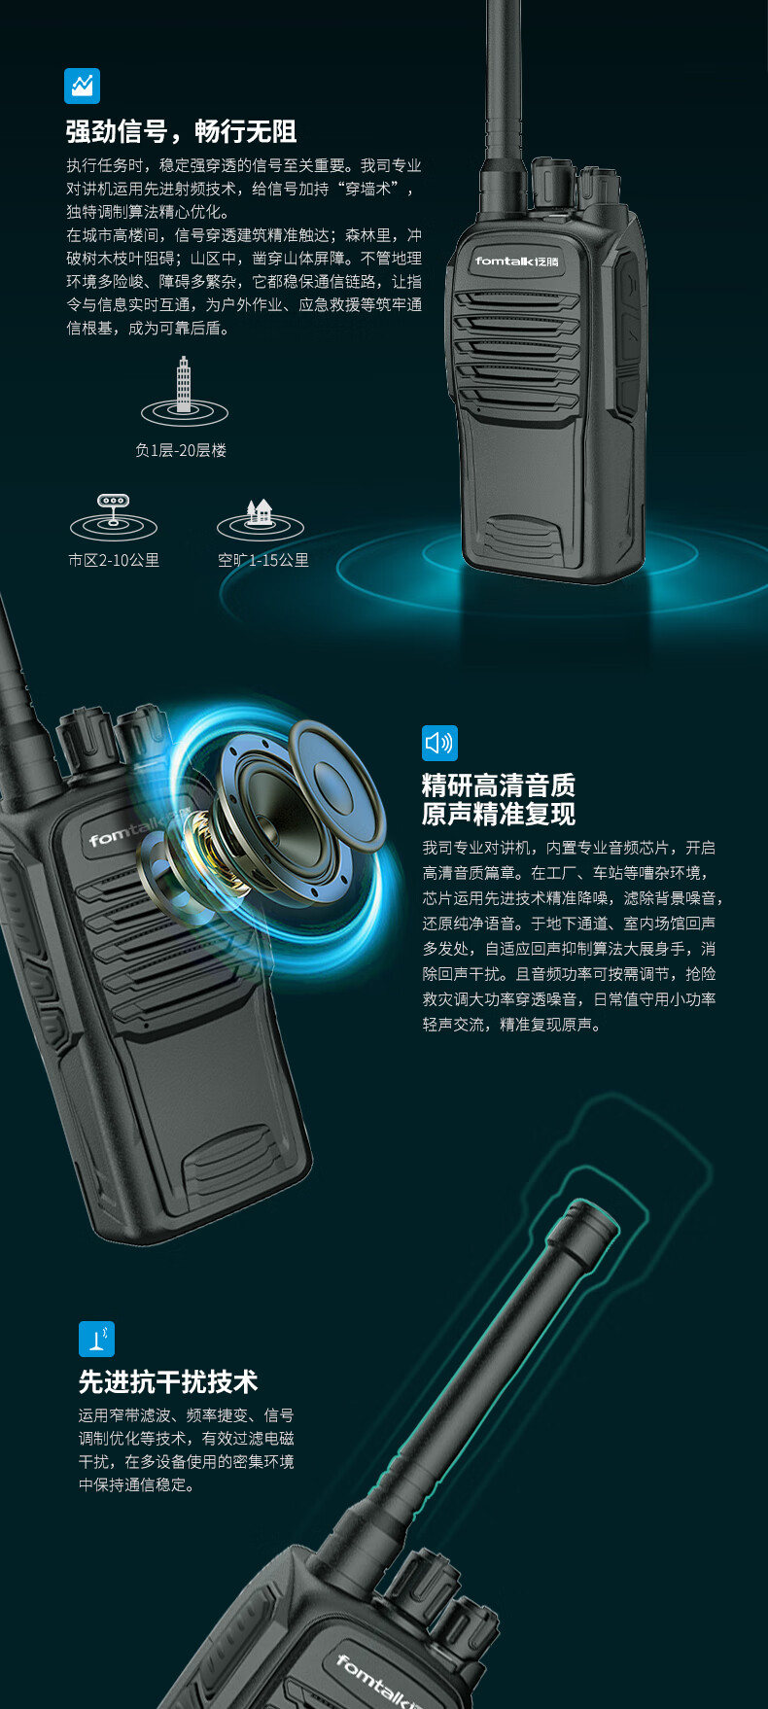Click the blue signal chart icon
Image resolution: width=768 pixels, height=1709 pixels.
tap(82, 86)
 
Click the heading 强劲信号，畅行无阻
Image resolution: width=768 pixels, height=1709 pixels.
tap(181, 131)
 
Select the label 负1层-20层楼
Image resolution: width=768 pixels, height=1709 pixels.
tap(181, 450)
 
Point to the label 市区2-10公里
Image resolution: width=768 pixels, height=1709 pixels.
tap(114, 560)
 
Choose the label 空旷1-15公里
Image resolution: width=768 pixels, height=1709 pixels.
tap(263, 560)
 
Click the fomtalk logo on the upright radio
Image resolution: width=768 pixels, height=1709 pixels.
tap(517, 261)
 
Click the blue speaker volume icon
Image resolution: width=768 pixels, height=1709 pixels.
tap(439, 744)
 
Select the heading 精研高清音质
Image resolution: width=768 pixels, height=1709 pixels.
tap(499, 785)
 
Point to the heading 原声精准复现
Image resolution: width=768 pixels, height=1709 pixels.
tap(499, 814)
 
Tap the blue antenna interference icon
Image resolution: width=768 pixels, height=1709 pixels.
tap(96, 1339)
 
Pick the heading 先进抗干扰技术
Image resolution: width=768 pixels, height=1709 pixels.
tap(168, 1381)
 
